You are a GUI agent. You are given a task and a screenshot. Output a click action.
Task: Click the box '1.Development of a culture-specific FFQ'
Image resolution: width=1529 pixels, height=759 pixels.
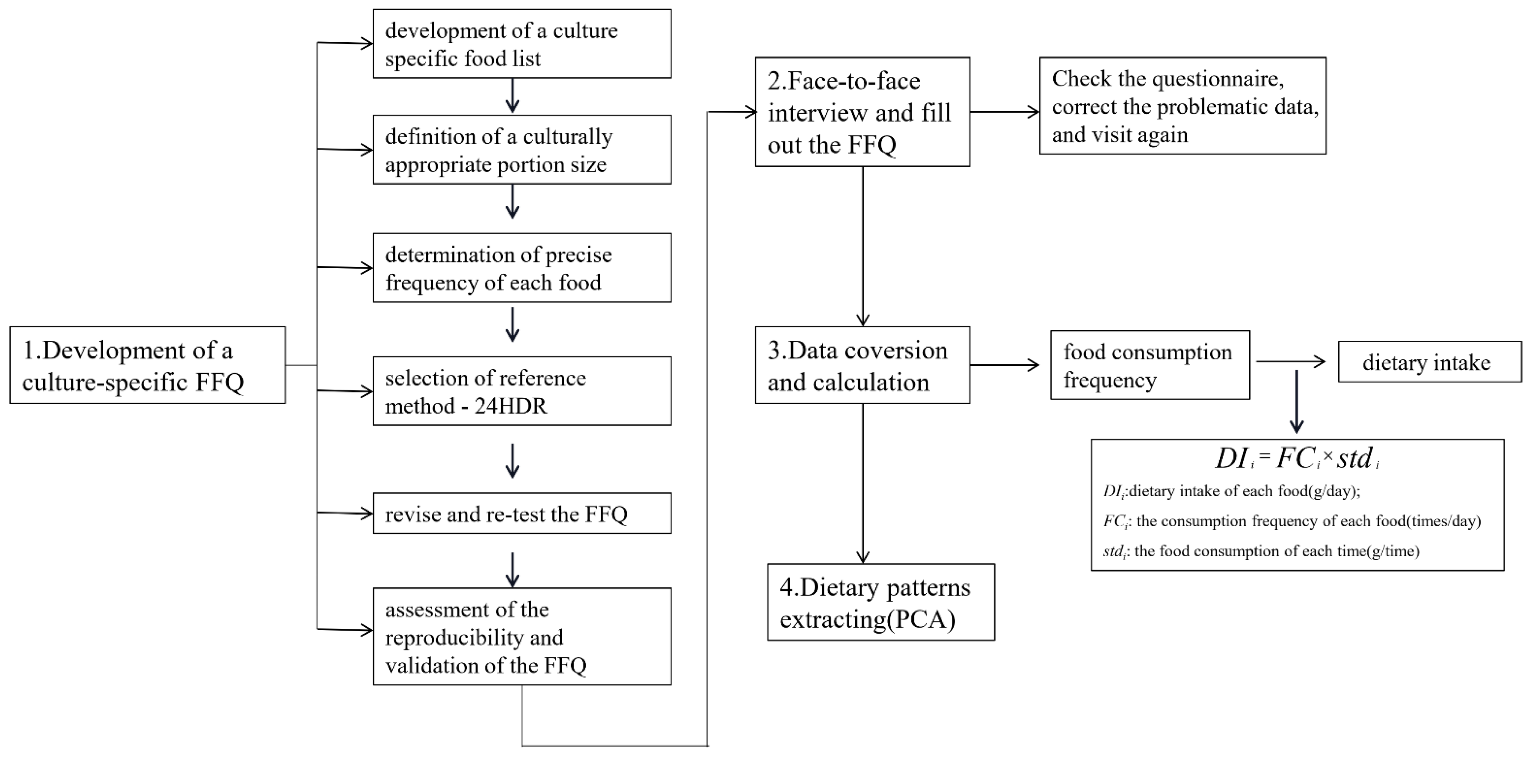[x=147, y=365]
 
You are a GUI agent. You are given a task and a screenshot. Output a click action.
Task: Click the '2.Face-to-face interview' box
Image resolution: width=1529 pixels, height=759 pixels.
[x=862, y=112]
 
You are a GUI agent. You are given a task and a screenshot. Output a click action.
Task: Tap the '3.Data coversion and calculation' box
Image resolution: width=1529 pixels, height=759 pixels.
[x=862, y=365]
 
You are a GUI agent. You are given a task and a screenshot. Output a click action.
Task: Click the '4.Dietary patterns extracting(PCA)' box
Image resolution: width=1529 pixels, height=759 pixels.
[x=880, y=602]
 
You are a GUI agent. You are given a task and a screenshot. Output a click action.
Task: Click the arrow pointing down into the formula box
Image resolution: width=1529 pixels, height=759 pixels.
[x=1296, y=403]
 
